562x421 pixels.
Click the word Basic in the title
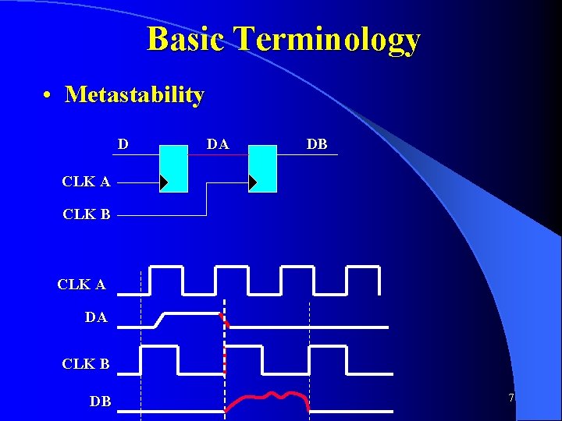tap(187, 39)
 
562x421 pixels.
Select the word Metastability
tap(134, 94)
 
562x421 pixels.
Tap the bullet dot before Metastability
tap(48, 95)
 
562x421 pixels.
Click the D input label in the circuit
tap(123, 144)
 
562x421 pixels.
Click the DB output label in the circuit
tap(317, 144)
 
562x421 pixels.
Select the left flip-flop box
tap(173, 168)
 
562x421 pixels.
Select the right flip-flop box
tap(262, 168)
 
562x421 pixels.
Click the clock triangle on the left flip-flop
tap(163, 182)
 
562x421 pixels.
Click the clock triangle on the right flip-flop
tap(252, 182)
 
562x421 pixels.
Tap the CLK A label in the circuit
tap(86, 182)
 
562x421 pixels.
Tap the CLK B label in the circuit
tap(86, 214)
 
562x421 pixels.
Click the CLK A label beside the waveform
tap(81, 285)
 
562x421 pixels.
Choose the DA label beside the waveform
tap(95, 317)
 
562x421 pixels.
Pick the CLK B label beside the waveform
tap(86, 363)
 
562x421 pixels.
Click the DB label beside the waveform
tap(100, 402)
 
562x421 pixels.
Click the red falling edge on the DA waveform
tap(225, 319)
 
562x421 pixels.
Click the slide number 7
tap(511, 398)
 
